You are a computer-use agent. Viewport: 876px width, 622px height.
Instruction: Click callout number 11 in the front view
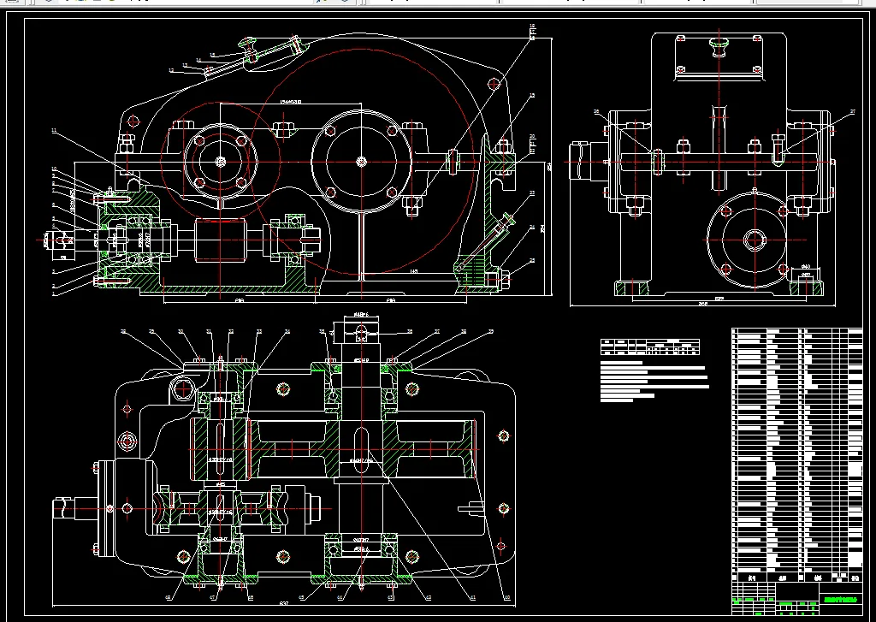[x=53, y=131]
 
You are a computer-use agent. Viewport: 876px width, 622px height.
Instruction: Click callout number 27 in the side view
[x=851, y=112]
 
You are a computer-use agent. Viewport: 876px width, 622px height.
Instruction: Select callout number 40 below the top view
[x=506, y=598]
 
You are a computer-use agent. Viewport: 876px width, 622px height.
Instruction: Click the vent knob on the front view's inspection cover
[x=249, y=42]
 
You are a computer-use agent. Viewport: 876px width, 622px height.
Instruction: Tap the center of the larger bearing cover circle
[x=362, y=160]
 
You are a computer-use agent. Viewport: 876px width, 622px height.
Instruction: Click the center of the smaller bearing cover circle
[x=221, y=161]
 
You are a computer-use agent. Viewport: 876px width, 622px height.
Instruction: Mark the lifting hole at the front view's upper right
[x=493, y=84]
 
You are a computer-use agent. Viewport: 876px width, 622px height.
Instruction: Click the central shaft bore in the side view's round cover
[x=753, y=239]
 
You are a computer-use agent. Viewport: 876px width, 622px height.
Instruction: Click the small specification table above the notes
[x=650, y=347]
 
